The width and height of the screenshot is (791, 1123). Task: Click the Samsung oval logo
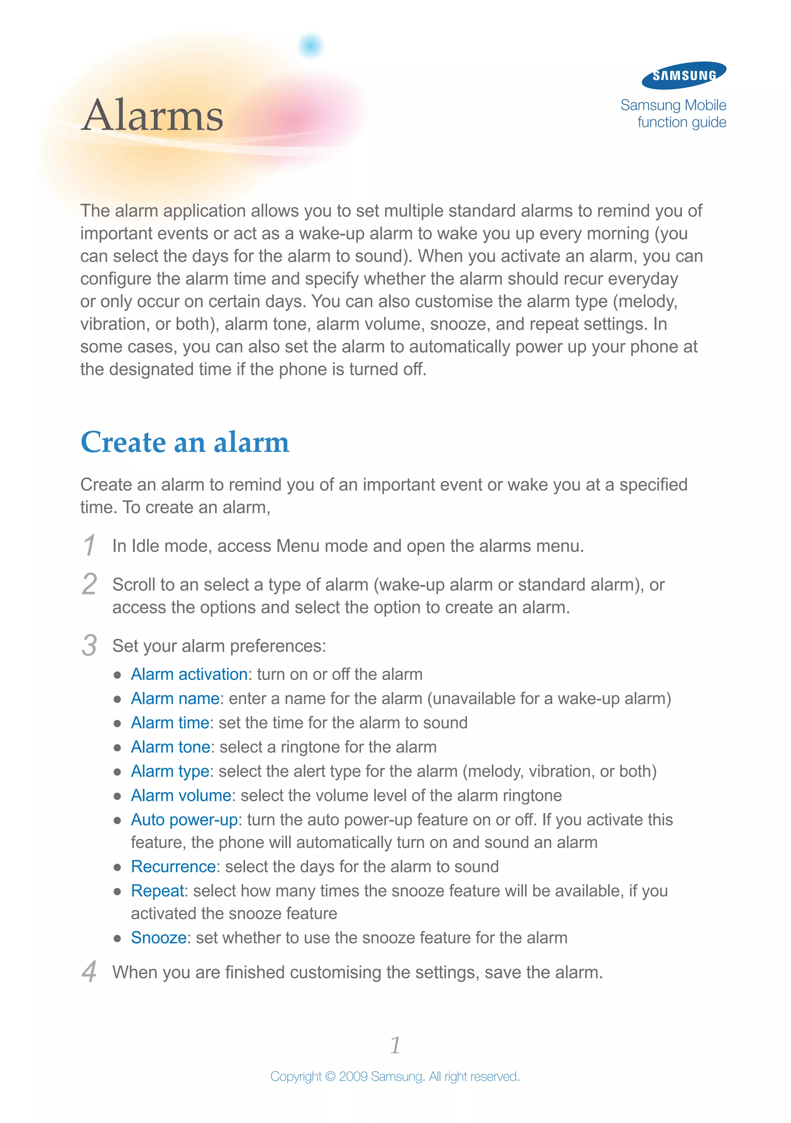coord(684,75)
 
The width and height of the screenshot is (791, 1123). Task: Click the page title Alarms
coord(153,116)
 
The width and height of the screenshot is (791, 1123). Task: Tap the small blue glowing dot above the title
coord(311,46)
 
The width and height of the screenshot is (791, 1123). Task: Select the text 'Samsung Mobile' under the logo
coord(673,105)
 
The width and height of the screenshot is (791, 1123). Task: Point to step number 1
coord(89,545)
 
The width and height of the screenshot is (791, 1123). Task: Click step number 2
coord(89,584)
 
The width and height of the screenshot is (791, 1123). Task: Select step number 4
coord(89,972)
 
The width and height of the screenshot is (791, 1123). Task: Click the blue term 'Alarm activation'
coord(189,674)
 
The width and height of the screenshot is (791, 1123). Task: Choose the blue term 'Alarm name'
coord(175,698)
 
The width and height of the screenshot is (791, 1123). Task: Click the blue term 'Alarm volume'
coord(181,795)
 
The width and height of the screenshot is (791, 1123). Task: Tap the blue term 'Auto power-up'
coord(184,820)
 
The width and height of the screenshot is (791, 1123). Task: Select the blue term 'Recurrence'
coord(173,867)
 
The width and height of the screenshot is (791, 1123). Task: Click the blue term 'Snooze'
coord(158,938)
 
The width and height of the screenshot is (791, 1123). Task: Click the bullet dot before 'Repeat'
coord(117,892)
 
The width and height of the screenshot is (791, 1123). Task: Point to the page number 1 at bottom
coord(395,1045)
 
